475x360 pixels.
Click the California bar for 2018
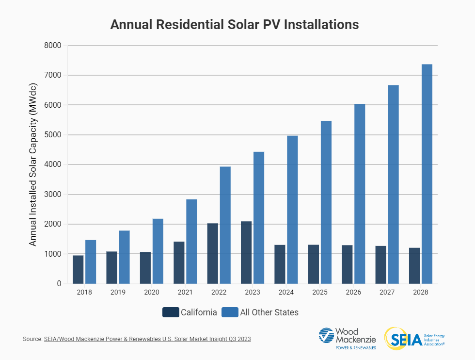point(78,270)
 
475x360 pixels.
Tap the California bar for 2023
point(246,252)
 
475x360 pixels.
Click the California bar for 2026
point(347,264)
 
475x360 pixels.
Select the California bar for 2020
point(145,268)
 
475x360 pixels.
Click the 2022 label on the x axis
point(219,293)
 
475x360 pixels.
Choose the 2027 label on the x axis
point(387,293)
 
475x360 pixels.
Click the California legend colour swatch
point(171,312)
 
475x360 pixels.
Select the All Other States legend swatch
point(230,312)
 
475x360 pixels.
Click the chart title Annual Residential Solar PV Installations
point(235,25)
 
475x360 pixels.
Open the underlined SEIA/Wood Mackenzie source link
point(147,339)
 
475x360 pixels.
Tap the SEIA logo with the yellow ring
point(414,338)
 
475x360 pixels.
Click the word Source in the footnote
point(32,339)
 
